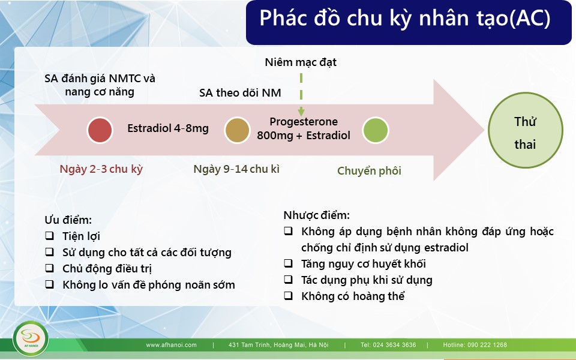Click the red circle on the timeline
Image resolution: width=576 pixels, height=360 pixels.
100,130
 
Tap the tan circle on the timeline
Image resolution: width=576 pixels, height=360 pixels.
238,130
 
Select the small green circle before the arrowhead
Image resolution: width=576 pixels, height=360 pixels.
376,130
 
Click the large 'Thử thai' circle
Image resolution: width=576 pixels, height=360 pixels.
526,130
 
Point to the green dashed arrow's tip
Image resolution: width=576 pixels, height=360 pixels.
301,115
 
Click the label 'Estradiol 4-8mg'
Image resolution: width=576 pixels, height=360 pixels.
168,128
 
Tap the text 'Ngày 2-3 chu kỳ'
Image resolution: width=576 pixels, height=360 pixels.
101,169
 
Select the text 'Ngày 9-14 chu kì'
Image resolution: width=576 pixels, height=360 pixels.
236,169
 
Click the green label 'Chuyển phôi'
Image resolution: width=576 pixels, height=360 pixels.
369,171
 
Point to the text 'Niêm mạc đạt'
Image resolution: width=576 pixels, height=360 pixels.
301,62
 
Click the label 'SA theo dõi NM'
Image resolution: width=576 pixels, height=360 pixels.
240,92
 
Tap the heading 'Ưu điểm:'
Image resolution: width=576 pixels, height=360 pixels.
68,220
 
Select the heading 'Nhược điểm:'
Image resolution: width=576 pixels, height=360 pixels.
316,215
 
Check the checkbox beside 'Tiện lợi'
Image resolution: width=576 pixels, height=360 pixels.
49,235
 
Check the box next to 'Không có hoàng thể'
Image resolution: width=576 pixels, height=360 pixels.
289,295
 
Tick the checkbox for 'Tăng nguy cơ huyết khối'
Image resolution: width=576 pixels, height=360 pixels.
289,263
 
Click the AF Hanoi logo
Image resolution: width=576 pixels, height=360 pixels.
31,338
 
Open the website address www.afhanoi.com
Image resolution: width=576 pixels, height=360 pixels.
171,345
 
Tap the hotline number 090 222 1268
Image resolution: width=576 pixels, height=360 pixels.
487,345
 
